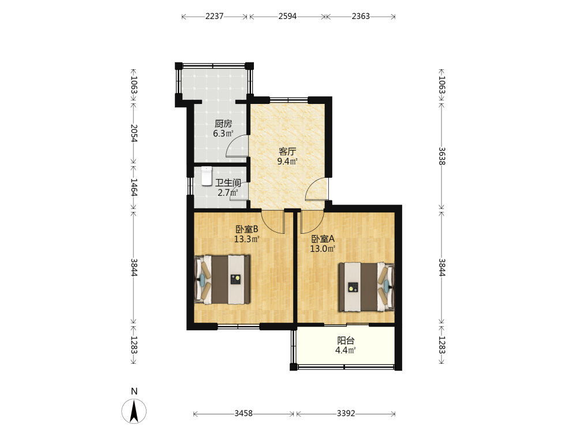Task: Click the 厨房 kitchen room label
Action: [x=223, y=124]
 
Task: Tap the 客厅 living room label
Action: [x=287, y=151]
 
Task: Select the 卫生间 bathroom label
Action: [x=228, y=182]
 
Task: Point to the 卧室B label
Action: [x=247, y=229]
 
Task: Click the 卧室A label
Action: [x=323, y=239]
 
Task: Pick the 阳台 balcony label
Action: [x=346, y=341]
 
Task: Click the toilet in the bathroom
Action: [x=207, y=176]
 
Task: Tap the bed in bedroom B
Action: [x=222, y=279]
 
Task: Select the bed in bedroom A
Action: [x=366, y=287]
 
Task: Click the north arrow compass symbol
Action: [x=134, y=411]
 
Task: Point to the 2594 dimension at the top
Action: [x=287, y=16]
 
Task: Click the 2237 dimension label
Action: [x=215, y=16]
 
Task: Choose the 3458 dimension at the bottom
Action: [x=243, y=413]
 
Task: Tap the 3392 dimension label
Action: [x=346, y=413]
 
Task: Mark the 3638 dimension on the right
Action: [x=442, y=156]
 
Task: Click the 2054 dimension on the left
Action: [x=134, y=133]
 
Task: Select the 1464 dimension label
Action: [x=134, y=188]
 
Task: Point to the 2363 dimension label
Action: [x=361, y=16]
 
